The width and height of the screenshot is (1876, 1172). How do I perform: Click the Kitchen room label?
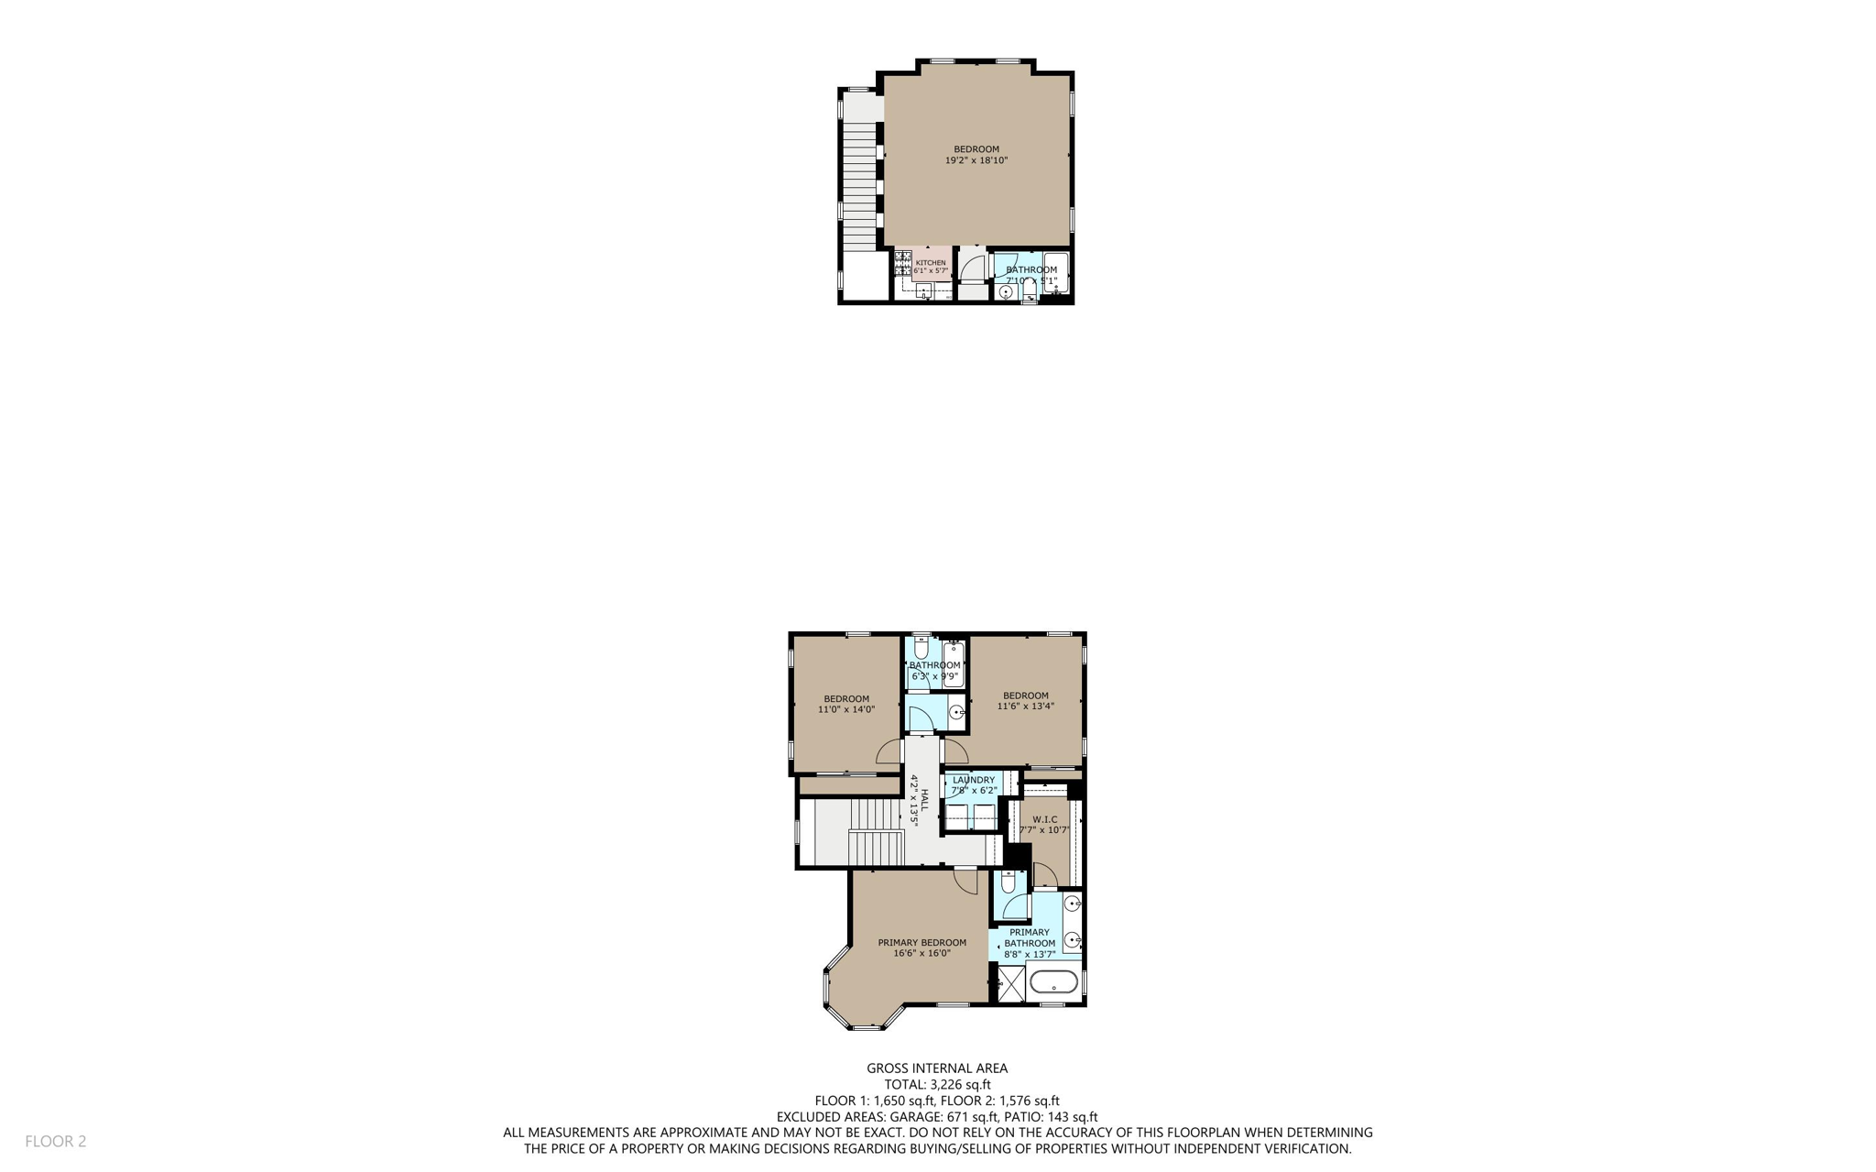pyautogui.click(x=930, y=263)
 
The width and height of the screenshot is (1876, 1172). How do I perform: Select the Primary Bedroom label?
pyautogui.click(x=922, y=943)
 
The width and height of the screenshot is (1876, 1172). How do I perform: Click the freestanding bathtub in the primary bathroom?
pyautogui.click(x=1053, y=982)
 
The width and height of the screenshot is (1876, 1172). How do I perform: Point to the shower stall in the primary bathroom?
pyautogui.click(x=1011, y=984)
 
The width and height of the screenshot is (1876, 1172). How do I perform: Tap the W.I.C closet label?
pyautogui.click(x=1044, y=819)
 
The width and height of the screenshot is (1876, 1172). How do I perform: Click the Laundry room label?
pyautogui.click(x=973, y=780)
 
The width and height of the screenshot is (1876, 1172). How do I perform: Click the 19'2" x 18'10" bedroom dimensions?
pyautogui.click(x=976, y=160)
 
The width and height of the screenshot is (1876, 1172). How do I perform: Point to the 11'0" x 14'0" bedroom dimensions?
pyautogui.click(x=846, y=709)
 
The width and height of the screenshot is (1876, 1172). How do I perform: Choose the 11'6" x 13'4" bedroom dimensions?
pyautogui.click(x=1025, y=706)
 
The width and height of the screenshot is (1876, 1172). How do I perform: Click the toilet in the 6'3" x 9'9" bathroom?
pyautogui.click(x=922, y=647)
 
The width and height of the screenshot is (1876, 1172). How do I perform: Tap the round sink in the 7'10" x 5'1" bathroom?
pyautogui.click(x=1005, y=291)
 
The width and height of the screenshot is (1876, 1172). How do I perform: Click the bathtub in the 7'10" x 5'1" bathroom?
pyautogui.click(x=1055, y=272)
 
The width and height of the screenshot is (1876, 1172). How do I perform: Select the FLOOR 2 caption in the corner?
pyautogui.click(x=55, y=1141)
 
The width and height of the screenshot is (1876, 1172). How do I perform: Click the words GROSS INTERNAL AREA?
pyautogui.click(x=937, y=1068)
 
